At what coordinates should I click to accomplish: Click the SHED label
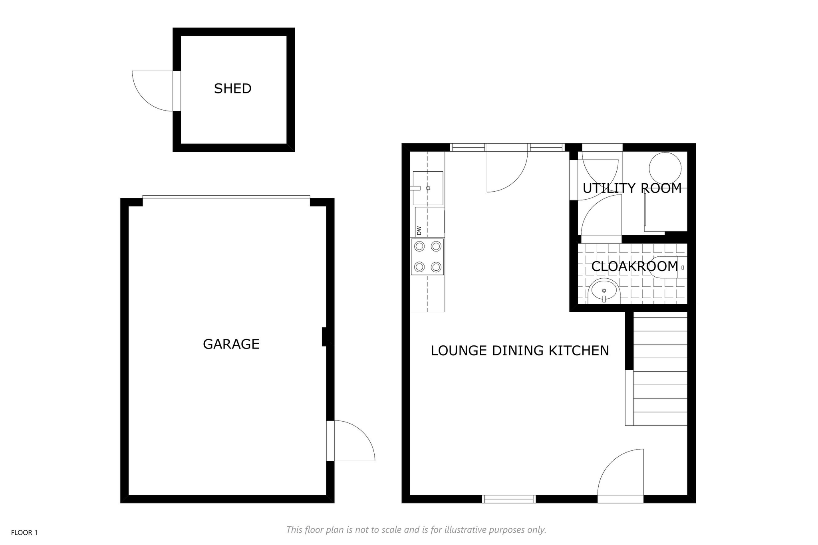coord(233,89)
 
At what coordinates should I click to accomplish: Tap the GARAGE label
coord(231,344)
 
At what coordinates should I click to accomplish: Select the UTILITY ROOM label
coord(632,188)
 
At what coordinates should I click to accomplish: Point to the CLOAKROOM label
coord(634,266)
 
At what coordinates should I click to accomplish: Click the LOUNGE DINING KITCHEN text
coord(520,351)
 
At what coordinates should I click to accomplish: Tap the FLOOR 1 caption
coord(24,533)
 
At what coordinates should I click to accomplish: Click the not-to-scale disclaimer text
coord(416,530)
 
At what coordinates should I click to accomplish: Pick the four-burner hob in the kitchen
coord(427,257)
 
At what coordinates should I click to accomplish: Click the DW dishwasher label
coord(419,230)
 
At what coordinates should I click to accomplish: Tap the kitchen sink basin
coord(428,188)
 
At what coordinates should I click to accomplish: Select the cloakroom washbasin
coord(604,291)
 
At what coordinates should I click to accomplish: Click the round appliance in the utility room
coord(665,168)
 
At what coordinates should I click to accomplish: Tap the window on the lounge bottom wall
coord(508,499)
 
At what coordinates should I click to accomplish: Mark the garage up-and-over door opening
coord(226,197)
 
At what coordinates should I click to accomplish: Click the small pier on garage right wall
coord(325,337)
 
